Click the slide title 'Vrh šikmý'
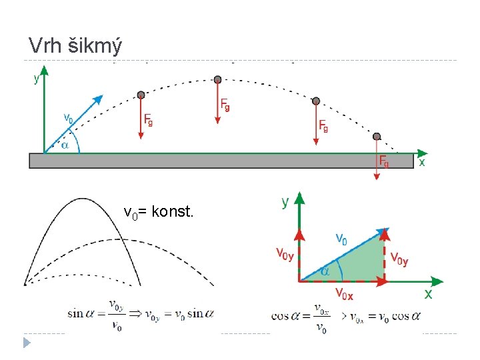75,45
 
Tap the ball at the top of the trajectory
217,79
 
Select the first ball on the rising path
140,95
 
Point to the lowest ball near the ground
377,136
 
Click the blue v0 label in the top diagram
69,117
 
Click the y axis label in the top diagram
37,79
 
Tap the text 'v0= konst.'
159,213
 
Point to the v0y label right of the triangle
399,259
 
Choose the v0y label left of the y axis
285,253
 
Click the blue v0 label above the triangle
341,237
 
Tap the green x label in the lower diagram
428,293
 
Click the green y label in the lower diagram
285,201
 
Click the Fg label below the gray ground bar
385,161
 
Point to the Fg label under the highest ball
226,105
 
